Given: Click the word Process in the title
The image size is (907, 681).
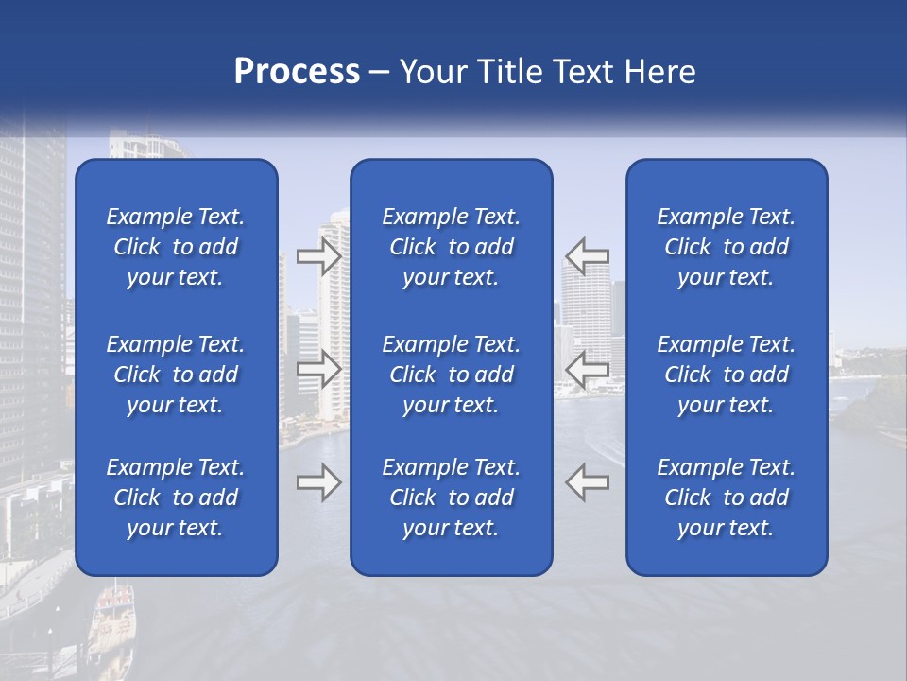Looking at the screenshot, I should tap(297, 71).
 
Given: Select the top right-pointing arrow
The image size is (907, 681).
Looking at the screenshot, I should tap(319, 255).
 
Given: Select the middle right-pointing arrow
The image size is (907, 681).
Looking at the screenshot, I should tap(319, 369).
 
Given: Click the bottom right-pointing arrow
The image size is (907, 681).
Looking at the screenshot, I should tap(319, 482).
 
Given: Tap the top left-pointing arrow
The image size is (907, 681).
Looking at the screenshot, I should tap(587, 255).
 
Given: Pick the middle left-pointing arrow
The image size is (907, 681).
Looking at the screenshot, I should tap(587, 369).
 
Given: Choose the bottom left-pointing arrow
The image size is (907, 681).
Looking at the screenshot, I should tap(587, 482).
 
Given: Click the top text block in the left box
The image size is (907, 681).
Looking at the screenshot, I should tap(176, 247).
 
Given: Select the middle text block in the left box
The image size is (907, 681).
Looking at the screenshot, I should tap(176, 375).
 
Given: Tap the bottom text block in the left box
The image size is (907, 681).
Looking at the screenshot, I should tap(176, 498).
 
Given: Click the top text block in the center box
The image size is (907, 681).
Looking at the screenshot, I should tap(451, 247).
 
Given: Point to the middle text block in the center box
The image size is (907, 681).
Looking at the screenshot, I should tap(451, 375).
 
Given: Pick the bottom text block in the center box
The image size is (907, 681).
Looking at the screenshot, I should tap(451, 498).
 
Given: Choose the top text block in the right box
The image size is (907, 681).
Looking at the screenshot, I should tap(726, 247).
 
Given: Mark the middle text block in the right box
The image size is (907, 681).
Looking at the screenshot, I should tap(726, 375).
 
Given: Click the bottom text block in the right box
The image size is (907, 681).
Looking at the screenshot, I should tap(726, 498).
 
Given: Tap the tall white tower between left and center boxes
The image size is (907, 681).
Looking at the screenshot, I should tap(333, 312).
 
